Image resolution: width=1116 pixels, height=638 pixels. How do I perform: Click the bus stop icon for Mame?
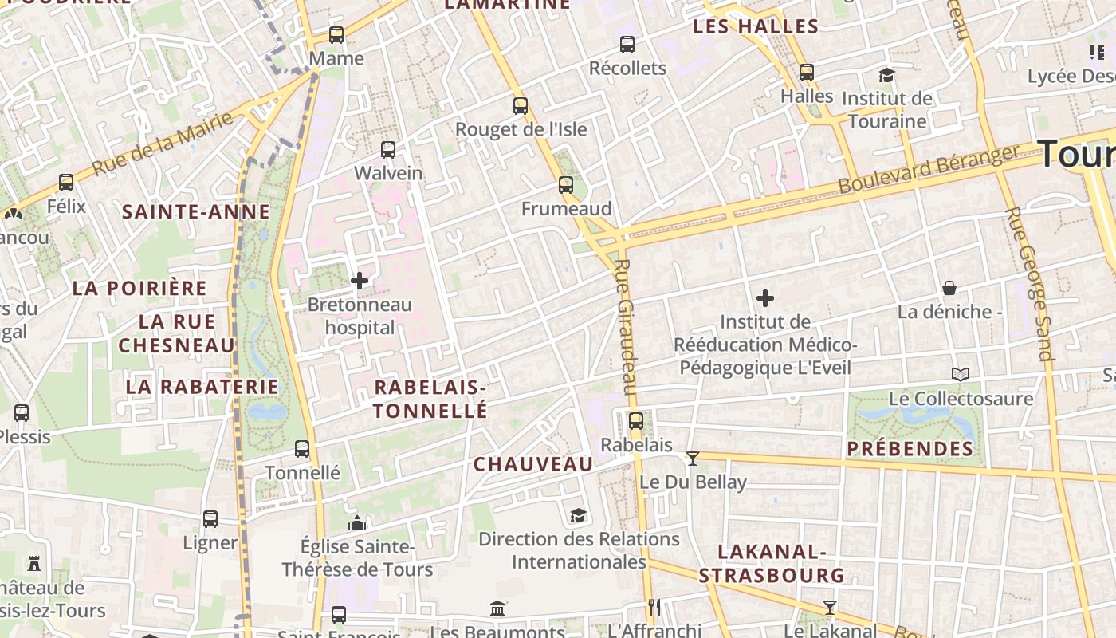336,35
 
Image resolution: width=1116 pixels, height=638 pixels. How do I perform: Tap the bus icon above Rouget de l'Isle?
521,105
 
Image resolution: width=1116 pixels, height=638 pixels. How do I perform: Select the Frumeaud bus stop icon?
566,185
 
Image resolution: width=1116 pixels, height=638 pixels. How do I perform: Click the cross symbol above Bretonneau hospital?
360,281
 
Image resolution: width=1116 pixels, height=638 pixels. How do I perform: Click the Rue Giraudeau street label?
626,327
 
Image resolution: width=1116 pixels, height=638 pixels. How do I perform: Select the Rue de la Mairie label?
163,144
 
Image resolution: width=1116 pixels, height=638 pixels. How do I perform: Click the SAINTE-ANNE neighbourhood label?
196,212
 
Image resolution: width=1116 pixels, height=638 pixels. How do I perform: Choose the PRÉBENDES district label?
910,449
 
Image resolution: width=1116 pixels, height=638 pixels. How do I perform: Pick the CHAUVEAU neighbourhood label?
533,464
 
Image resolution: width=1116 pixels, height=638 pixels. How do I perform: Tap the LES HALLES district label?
756,26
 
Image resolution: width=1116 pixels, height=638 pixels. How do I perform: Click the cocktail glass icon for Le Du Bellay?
692,458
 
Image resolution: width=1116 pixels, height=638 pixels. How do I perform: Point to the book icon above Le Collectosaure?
961,374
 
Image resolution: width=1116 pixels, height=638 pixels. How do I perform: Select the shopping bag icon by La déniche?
949,287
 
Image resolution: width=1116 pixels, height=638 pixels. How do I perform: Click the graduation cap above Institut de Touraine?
886,75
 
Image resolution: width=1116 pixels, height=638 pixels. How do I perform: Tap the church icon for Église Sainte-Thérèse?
357,523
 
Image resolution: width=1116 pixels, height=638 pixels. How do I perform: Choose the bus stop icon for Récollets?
627,45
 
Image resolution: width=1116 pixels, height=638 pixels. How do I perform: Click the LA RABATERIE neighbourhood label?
202,387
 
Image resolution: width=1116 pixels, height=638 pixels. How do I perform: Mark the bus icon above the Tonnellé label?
302,449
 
